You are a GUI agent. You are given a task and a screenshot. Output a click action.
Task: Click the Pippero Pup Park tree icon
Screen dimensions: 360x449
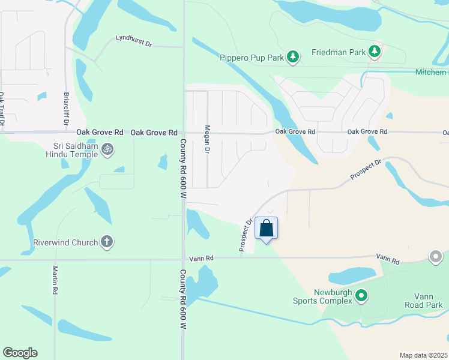coord(293,57)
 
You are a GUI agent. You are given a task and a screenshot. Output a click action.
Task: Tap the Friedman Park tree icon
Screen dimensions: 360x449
coord(375,52)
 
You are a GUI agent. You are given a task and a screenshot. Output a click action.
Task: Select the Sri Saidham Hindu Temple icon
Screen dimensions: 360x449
coord(107,148)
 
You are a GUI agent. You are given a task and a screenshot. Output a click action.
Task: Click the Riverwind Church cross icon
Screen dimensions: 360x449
coord(107,242)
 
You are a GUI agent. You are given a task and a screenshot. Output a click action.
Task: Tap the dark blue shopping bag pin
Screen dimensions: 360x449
coord(267,229)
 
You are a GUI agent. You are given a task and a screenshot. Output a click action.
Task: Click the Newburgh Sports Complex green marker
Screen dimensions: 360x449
coord(361,295)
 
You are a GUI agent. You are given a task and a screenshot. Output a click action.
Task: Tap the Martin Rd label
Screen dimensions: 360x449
coord(55,280)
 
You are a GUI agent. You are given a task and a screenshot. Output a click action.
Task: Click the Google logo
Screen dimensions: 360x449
coord(20,353)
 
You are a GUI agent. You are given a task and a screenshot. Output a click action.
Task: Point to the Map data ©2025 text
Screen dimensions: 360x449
coord(423,355)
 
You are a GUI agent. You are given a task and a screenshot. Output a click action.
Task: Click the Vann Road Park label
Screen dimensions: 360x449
coord(428,301)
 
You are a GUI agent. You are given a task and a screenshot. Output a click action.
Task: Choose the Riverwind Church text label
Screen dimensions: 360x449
coord(65,242)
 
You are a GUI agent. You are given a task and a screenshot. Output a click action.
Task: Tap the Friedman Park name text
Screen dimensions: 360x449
coord(339,52)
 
